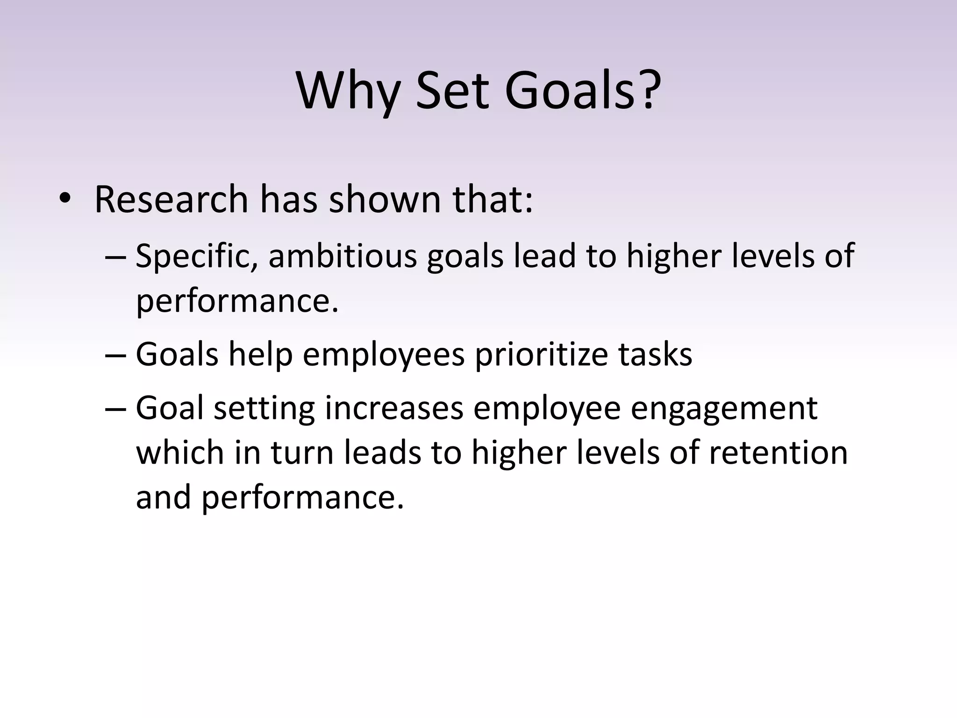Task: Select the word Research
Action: (x=171, y=200)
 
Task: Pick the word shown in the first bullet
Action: (x=385, y=200)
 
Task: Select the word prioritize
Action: (x=541, y=355)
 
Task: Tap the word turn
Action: (x=302, y=453)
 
